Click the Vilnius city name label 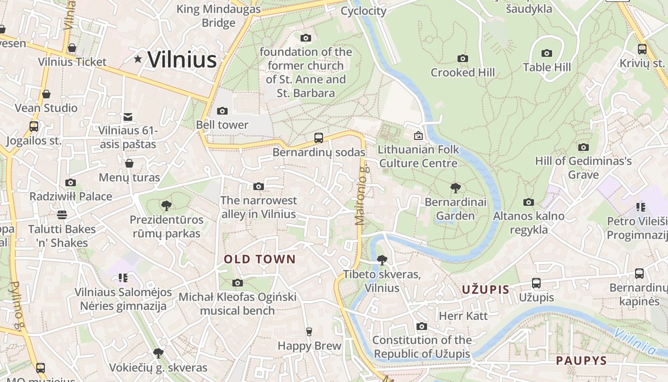point(182,60)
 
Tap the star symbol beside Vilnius point(138,59)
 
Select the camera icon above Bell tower point(222,111)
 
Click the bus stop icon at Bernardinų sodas point(319,138)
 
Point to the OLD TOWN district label point(260,259)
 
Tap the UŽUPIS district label point(485,289)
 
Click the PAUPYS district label point(581,361)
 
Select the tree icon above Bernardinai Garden point(456,188)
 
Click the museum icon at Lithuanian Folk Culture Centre point(418,136)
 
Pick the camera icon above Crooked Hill point(463,59)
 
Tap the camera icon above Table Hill point(547,53)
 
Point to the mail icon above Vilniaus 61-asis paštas point(128,117)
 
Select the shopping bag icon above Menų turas point(129,164)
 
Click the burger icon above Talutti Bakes point(62,215)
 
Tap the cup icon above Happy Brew point(309,332)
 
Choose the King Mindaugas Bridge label point(219,16)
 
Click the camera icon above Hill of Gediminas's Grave point(583,147)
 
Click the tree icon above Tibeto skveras point(382,260)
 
